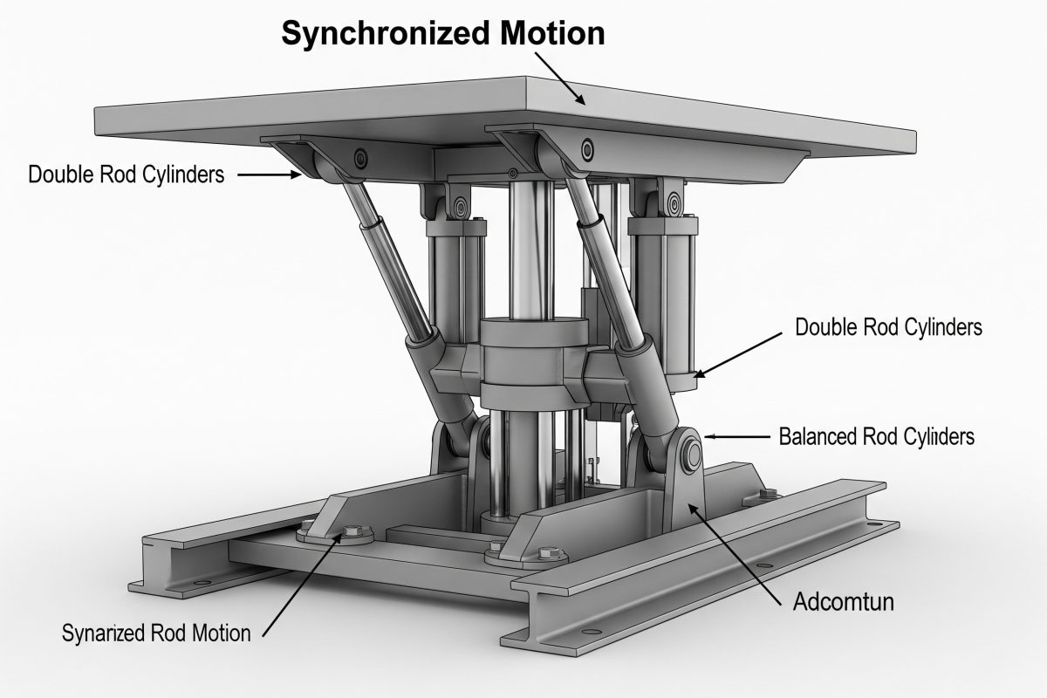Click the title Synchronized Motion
pos(442,33)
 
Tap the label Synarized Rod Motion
pos(156,633)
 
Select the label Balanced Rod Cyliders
pos(876,435)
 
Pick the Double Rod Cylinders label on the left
pos(127,174)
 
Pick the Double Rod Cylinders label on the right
pos(889,327)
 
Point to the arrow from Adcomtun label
pos(734,549)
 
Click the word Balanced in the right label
pos(815,435)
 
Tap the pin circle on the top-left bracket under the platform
pos(358,158)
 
